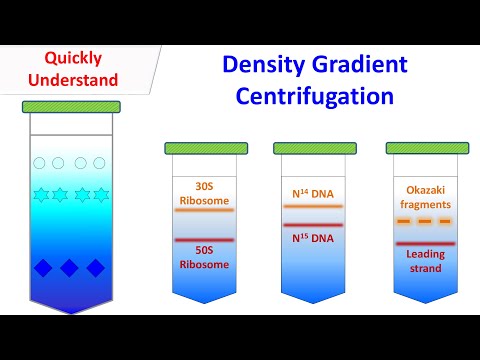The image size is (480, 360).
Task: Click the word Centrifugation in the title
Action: click(x=308, y=98)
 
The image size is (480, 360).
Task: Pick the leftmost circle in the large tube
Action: click(x=39, y=163)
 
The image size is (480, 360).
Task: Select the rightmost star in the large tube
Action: click(x=100, y=193)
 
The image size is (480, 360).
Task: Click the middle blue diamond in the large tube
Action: click(x=69, y=268)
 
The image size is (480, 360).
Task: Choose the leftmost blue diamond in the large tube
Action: click(x=42, y=268)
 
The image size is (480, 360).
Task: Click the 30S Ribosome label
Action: click(x=204, y=192)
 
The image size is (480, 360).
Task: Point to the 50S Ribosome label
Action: click(x=204, y=257)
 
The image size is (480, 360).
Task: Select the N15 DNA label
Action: click(x=313, y=238)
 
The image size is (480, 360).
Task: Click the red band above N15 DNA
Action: click(x=313, y=225)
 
